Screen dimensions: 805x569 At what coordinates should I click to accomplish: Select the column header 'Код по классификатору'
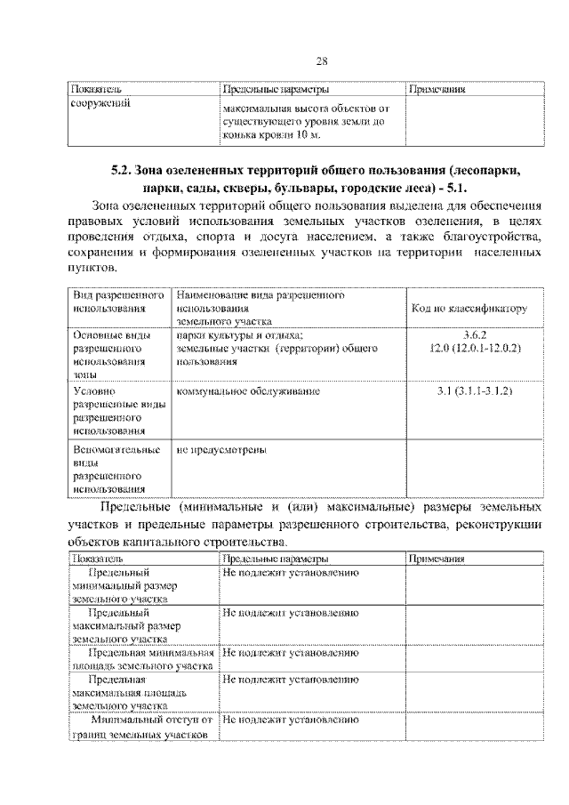469,309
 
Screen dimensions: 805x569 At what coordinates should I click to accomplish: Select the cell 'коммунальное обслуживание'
248,391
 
